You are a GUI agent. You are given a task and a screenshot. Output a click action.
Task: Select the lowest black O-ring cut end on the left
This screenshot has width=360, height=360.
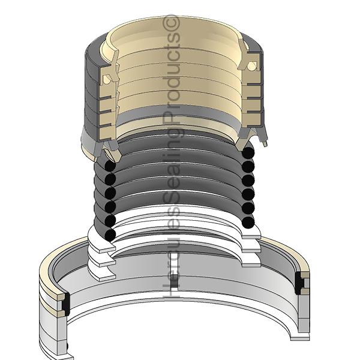coord(110,235)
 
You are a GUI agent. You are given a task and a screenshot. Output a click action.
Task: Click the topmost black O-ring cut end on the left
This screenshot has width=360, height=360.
coord(110,166)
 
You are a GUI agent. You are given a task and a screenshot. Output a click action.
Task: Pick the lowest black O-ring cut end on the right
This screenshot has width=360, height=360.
coord(248,222)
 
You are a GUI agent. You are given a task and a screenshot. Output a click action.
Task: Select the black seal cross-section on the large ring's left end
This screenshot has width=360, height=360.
coord(66,304)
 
